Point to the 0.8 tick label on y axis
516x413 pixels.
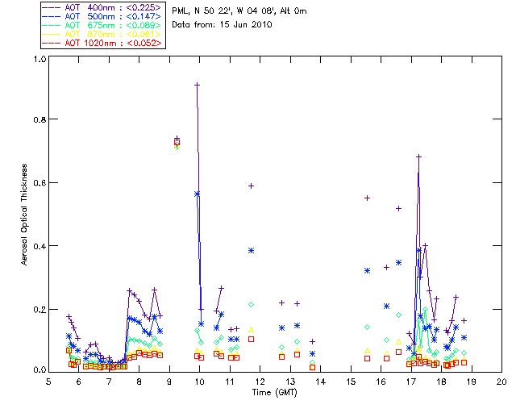coord(38,119)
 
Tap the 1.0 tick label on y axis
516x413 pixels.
coord(38,59)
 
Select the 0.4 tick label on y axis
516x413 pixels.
coord(38,246)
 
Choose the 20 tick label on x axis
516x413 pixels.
coord(501,381)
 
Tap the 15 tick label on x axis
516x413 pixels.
coord(351,381)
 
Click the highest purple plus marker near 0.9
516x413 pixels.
coord(197,85)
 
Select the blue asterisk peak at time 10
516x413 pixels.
coord(197,194)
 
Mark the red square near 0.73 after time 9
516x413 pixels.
coord(177,143)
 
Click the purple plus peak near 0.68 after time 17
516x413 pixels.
coord(418,156)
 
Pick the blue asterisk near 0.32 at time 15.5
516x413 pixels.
coord(367,271)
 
